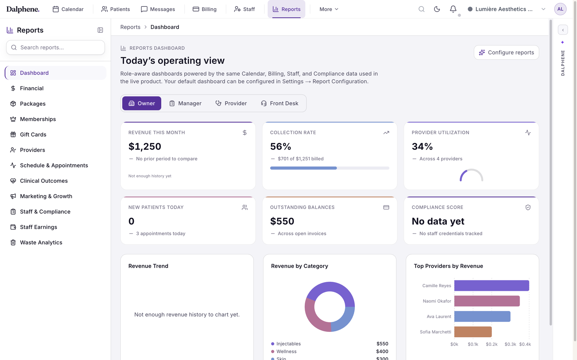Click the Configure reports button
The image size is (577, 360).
[x=506, y=53]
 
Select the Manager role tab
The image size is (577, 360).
[x=185, y=103]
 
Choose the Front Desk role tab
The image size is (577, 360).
[x=279, y=103]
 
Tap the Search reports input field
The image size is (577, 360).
[x=56, y=47]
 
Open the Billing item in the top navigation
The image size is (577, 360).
[x=204, y=9]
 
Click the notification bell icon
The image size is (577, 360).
[x=453, y=9]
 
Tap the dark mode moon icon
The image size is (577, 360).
[x=437, y=9]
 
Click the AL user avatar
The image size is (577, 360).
[x=560, y=9]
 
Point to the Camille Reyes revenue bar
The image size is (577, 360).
[x=492, y=286]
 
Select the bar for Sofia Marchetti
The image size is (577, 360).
[x=473, y=332]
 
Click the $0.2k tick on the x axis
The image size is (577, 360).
[x=492, y=344]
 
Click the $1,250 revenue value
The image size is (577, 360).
[x=145, y=146]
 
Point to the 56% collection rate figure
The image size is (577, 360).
[x=281, y=146]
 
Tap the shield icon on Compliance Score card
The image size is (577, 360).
[x=528, y=208]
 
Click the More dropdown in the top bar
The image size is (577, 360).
[x=329, y=9]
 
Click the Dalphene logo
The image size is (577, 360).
[x=23, y=9]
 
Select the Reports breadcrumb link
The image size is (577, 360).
[x=130, y=27]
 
